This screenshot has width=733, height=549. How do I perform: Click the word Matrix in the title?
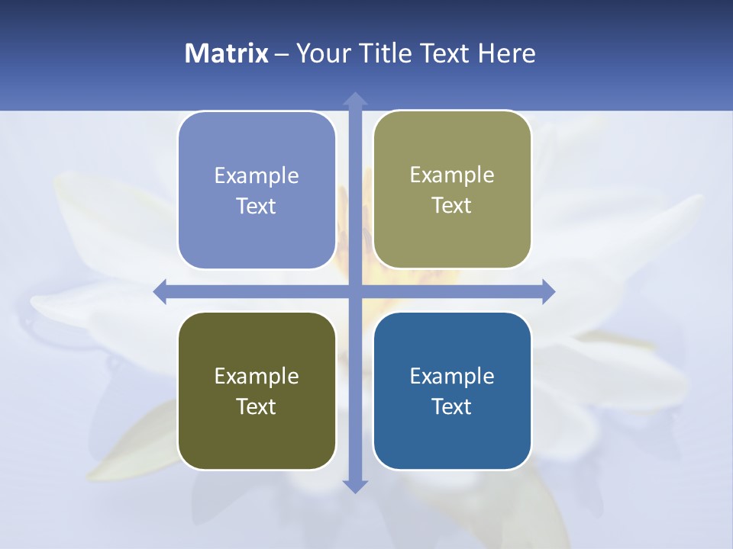point(227,53)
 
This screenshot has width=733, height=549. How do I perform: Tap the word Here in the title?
point(507,53)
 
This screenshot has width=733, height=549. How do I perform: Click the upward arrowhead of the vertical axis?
point(355,99)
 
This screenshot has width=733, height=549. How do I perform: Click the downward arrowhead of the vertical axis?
point(355,486)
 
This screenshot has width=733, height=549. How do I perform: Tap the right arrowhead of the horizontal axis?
point(548,291)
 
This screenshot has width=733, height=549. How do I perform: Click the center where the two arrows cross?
point(355,291)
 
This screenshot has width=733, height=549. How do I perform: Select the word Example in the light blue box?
point(257,176)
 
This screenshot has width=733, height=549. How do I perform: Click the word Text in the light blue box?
point(257,207)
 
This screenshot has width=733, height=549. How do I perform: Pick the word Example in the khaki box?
point(452,175)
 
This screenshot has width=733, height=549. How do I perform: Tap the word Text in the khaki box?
point(452,206)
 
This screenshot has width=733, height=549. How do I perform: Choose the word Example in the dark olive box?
point(257,377)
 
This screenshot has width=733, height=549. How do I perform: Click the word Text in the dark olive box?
point(257,407)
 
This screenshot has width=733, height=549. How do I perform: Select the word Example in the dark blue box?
point(452,377)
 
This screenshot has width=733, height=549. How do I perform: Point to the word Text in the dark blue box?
point(452,407)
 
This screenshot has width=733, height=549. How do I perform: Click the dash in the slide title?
point(282,54)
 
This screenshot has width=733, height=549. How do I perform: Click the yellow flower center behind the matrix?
point(359,252)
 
